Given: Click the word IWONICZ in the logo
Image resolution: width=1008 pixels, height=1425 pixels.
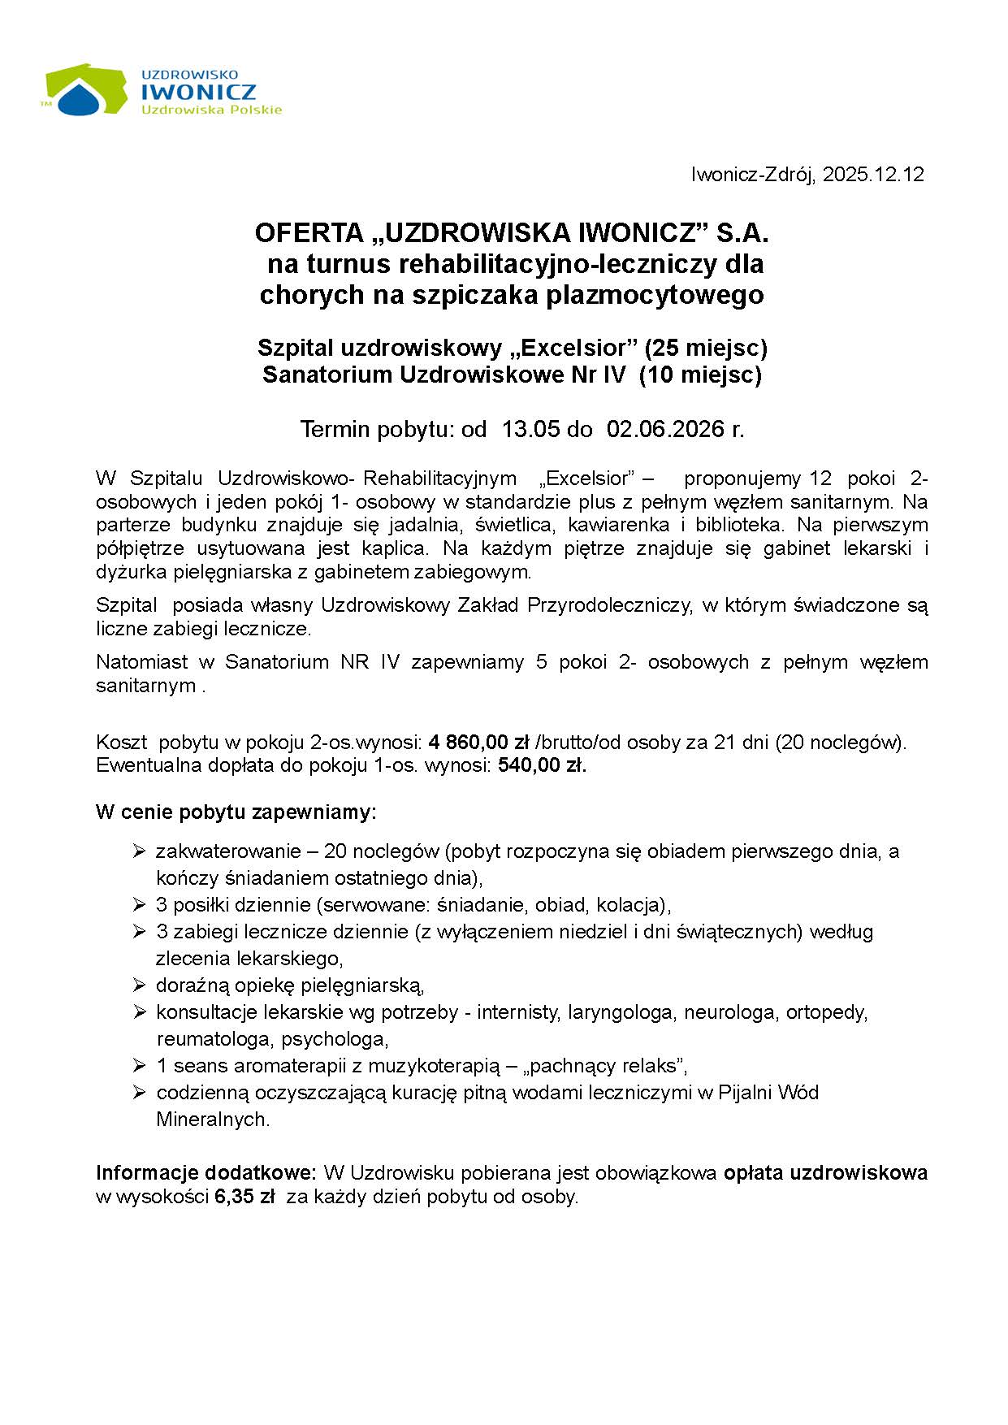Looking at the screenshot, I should click(x=198, y=93).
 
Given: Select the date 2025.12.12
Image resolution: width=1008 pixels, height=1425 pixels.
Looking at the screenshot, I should click(x=873, y=175).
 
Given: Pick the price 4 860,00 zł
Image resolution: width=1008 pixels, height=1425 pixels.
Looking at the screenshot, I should click(x=478, y=742).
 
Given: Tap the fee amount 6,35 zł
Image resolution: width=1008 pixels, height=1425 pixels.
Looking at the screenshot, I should click(x=244, y=1197).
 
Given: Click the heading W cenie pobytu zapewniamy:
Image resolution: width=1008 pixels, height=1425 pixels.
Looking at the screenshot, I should click(x=236, y=812).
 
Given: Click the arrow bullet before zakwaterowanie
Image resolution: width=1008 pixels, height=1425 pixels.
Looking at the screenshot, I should click(x=139, y=851).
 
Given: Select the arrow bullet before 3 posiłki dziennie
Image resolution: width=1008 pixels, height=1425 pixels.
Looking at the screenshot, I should click(x=139, y=904).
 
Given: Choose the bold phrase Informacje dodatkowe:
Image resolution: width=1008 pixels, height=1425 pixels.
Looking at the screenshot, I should click(x=206, y=1172).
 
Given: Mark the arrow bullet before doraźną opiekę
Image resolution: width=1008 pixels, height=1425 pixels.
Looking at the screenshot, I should click(x=139, y=985).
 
